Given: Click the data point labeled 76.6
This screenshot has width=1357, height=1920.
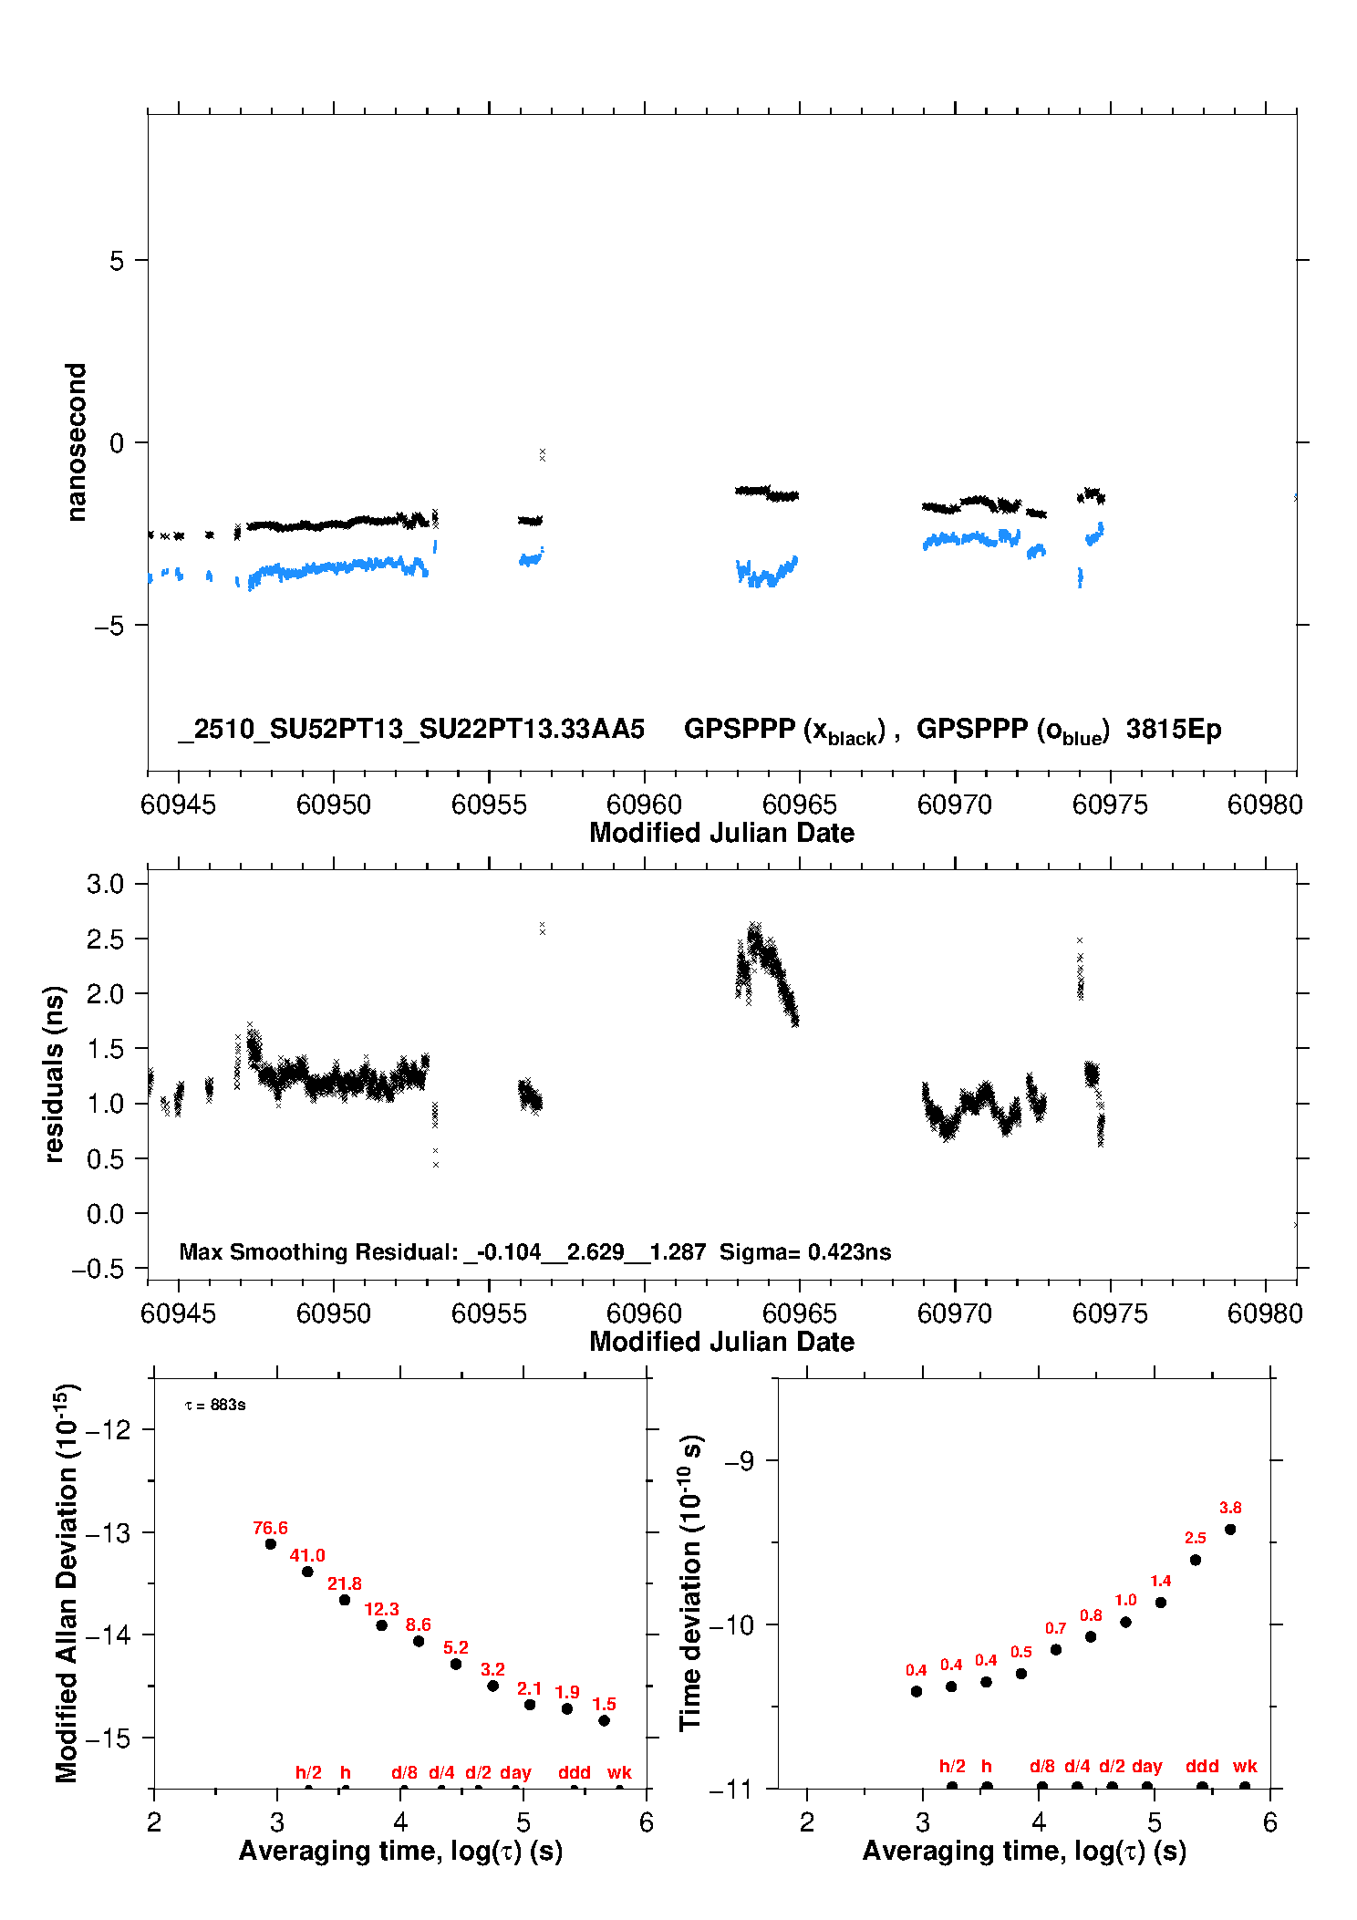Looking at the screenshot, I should (x=270, y=1544).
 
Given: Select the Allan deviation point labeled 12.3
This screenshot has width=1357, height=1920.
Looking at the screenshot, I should (x=381, y=1625).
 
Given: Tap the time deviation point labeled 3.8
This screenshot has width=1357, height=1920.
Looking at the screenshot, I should (x=1230, y=1530).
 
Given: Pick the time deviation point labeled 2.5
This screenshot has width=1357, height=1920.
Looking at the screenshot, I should (x=1196, y=1560).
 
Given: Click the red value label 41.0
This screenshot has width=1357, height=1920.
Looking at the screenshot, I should (x=307, y=1555).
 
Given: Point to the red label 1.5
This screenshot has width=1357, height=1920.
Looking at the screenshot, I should (x=604, y=1704).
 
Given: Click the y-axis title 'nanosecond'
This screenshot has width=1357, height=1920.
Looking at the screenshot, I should (x=77, y=442).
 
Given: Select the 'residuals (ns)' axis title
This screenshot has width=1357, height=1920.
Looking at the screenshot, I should (x=54, y=1074).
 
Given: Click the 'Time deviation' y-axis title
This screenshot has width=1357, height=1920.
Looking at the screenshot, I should (x=690, y=1583).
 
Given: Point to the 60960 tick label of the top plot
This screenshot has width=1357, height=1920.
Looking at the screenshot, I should (x=644, y=804).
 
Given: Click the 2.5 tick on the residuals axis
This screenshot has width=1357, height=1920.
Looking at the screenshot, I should (x=105, y=939).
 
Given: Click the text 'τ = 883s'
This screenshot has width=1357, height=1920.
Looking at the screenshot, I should (x=215, y=1405).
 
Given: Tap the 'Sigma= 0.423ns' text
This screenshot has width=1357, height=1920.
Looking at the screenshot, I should (x=805, y=1251).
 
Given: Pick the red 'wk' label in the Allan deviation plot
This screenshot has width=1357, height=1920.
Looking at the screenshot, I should (x=619, y=1772).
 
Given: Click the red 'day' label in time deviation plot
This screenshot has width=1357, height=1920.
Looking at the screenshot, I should (x=1146, y=1766).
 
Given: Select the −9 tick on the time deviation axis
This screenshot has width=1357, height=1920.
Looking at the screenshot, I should (x=739, y=1461).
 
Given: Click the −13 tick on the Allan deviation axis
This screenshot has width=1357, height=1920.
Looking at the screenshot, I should (x=108, y=1532).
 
